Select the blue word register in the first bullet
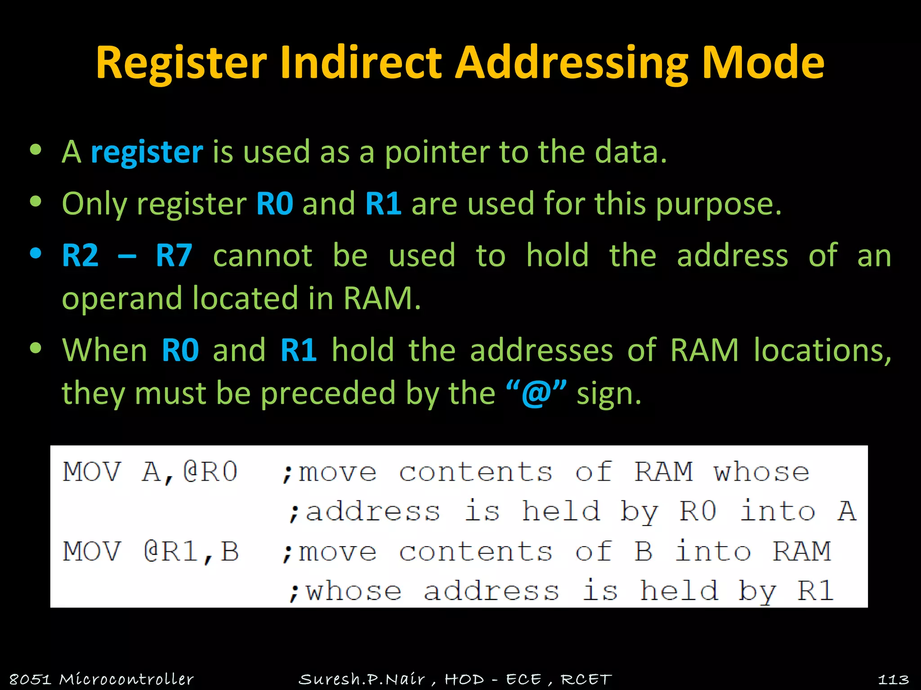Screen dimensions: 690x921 tap(147, 152)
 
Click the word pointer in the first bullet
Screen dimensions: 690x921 tap(437, 152)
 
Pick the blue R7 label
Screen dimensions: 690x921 tap(174, 256)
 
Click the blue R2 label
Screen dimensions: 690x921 tap(80, 256)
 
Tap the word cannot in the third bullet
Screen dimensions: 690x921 tap(263, 256)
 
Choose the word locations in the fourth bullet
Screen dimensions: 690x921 tap(822, 350)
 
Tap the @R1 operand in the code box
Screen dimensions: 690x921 tap(171, 552)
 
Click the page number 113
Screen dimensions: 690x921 tap(893, 679)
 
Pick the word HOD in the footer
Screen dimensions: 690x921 tap(464, 679)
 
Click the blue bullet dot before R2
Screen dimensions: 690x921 tap(36, 253)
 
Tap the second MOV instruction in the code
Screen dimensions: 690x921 tap(92, 552)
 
